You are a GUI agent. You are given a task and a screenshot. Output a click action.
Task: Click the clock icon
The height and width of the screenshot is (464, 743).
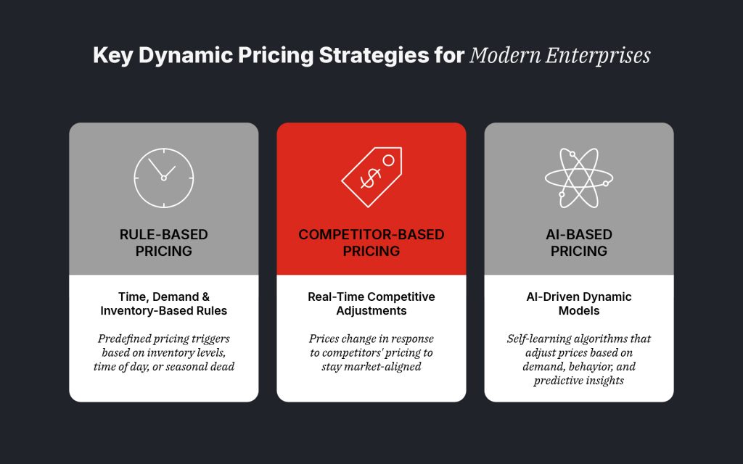point(164,178)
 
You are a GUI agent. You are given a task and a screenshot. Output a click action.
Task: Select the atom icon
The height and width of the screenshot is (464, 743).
point(578,178)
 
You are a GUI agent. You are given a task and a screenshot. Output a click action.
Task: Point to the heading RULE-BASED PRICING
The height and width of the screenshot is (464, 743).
point(163,243)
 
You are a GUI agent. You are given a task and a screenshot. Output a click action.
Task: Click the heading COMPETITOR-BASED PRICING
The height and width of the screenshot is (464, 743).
point(371,243)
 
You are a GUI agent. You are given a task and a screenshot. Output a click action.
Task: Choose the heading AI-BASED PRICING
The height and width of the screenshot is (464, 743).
point(578,243)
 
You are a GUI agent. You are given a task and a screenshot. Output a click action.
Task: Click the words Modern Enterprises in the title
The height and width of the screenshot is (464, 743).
point(559,56)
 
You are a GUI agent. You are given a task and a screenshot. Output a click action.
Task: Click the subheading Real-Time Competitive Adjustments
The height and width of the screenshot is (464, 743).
point(371,303)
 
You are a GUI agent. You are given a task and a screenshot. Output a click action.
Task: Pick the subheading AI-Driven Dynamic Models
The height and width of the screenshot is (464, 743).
point(578,303)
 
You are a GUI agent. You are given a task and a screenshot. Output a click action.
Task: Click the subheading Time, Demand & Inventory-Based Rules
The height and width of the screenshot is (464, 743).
point(163,303)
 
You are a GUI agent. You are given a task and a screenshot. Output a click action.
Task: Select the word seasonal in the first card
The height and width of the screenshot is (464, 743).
point(192,366)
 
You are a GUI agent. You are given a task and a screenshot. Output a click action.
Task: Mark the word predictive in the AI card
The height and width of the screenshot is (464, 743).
point(559,380)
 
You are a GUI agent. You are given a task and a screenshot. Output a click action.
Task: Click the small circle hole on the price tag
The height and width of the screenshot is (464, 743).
point(387,159)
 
